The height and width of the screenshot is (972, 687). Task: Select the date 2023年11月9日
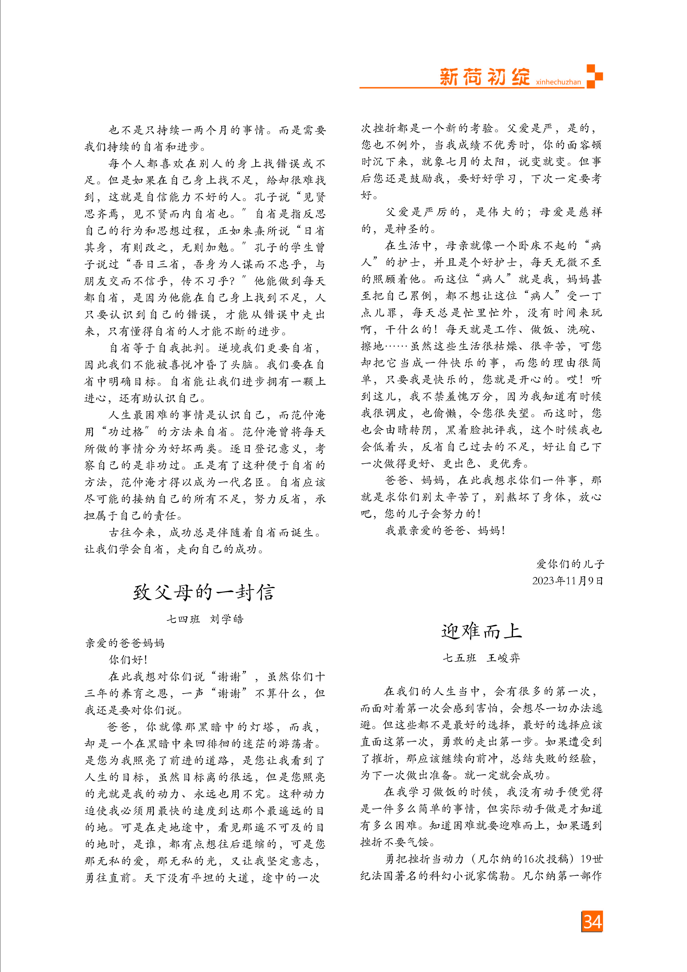click(x=567, y=580)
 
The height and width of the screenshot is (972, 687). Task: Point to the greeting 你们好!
click(x=128, y=660)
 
